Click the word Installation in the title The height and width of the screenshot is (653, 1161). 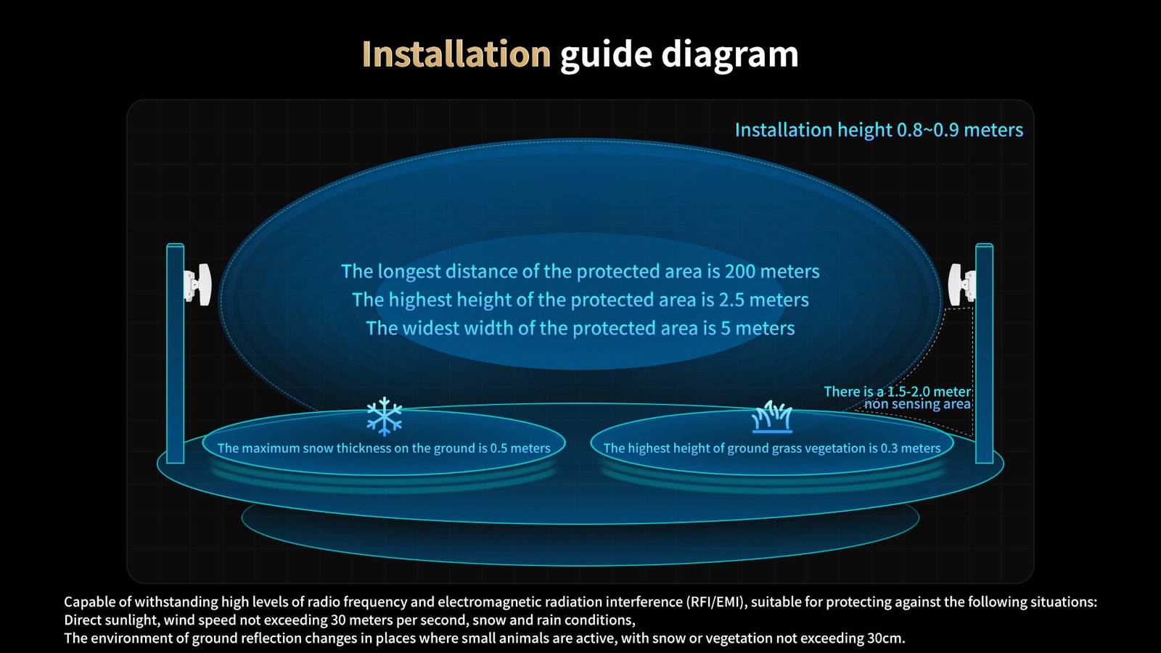pos(456,54)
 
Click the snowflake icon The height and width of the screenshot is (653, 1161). pos(384,416)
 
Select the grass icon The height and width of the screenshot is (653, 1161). pos(772,416)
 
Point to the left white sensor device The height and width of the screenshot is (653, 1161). pos(197,284)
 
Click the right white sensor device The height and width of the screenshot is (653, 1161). pos(962,284)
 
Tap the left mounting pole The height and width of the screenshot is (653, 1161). pos(175,353)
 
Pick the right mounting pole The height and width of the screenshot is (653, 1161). pos(984,353)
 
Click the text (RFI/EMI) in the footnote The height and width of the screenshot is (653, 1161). pos(717,602)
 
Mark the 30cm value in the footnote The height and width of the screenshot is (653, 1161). pos(887,638)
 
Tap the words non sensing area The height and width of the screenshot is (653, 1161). pos(917,404)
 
